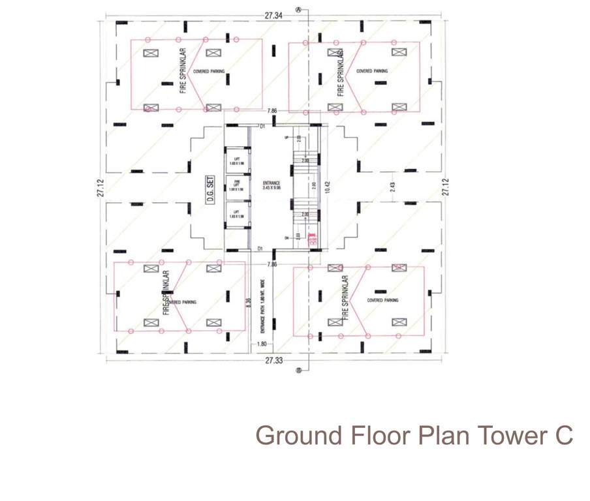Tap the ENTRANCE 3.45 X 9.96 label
click(x=271, y=185)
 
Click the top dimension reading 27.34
click(x=273, y=14)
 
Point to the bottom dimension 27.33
click(x=274, y=360)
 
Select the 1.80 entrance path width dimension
click(x=262, y=344)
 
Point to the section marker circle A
click(x=298, y=10)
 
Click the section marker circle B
click(x=299, y=370)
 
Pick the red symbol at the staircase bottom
click(x=312, y=239)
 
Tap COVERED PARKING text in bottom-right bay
click(x=382, y=300)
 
